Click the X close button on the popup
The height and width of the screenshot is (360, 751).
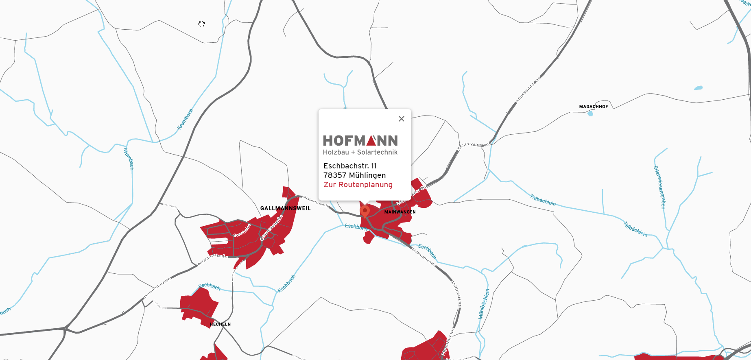pos(402,119)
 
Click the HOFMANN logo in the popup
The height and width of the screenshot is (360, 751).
pos(360,141)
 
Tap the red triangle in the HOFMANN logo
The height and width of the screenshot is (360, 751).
pos(371,141)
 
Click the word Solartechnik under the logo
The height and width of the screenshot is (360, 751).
pos(377,152)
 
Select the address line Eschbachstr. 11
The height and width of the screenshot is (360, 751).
pos(350,166)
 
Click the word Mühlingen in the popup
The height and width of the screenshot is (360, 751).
pos(367,175)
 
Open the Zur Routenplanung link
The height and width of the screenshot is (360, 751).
pos(358,185)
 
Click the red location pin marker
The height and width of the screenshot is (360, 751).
pos(365,211)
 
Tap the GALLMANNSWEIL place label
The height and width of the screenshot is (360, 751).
pos(285,208)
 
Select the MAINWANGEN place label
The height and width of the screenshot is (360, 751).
pos(400,212)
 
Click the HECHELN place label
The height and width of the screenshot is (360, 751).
pos(220,324)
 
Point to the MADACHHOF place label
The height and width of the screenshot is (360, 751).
pos(594,107)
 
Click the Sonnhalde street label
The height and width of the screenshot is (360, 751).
pos(242,231)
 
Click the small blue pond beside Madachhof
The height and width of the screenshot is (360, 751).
pos(590,114)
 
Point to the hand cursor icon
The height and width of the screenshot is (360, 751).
pos(201,24)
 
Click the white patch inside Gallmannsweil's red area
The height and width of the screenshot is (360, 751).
pos(219,241)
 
